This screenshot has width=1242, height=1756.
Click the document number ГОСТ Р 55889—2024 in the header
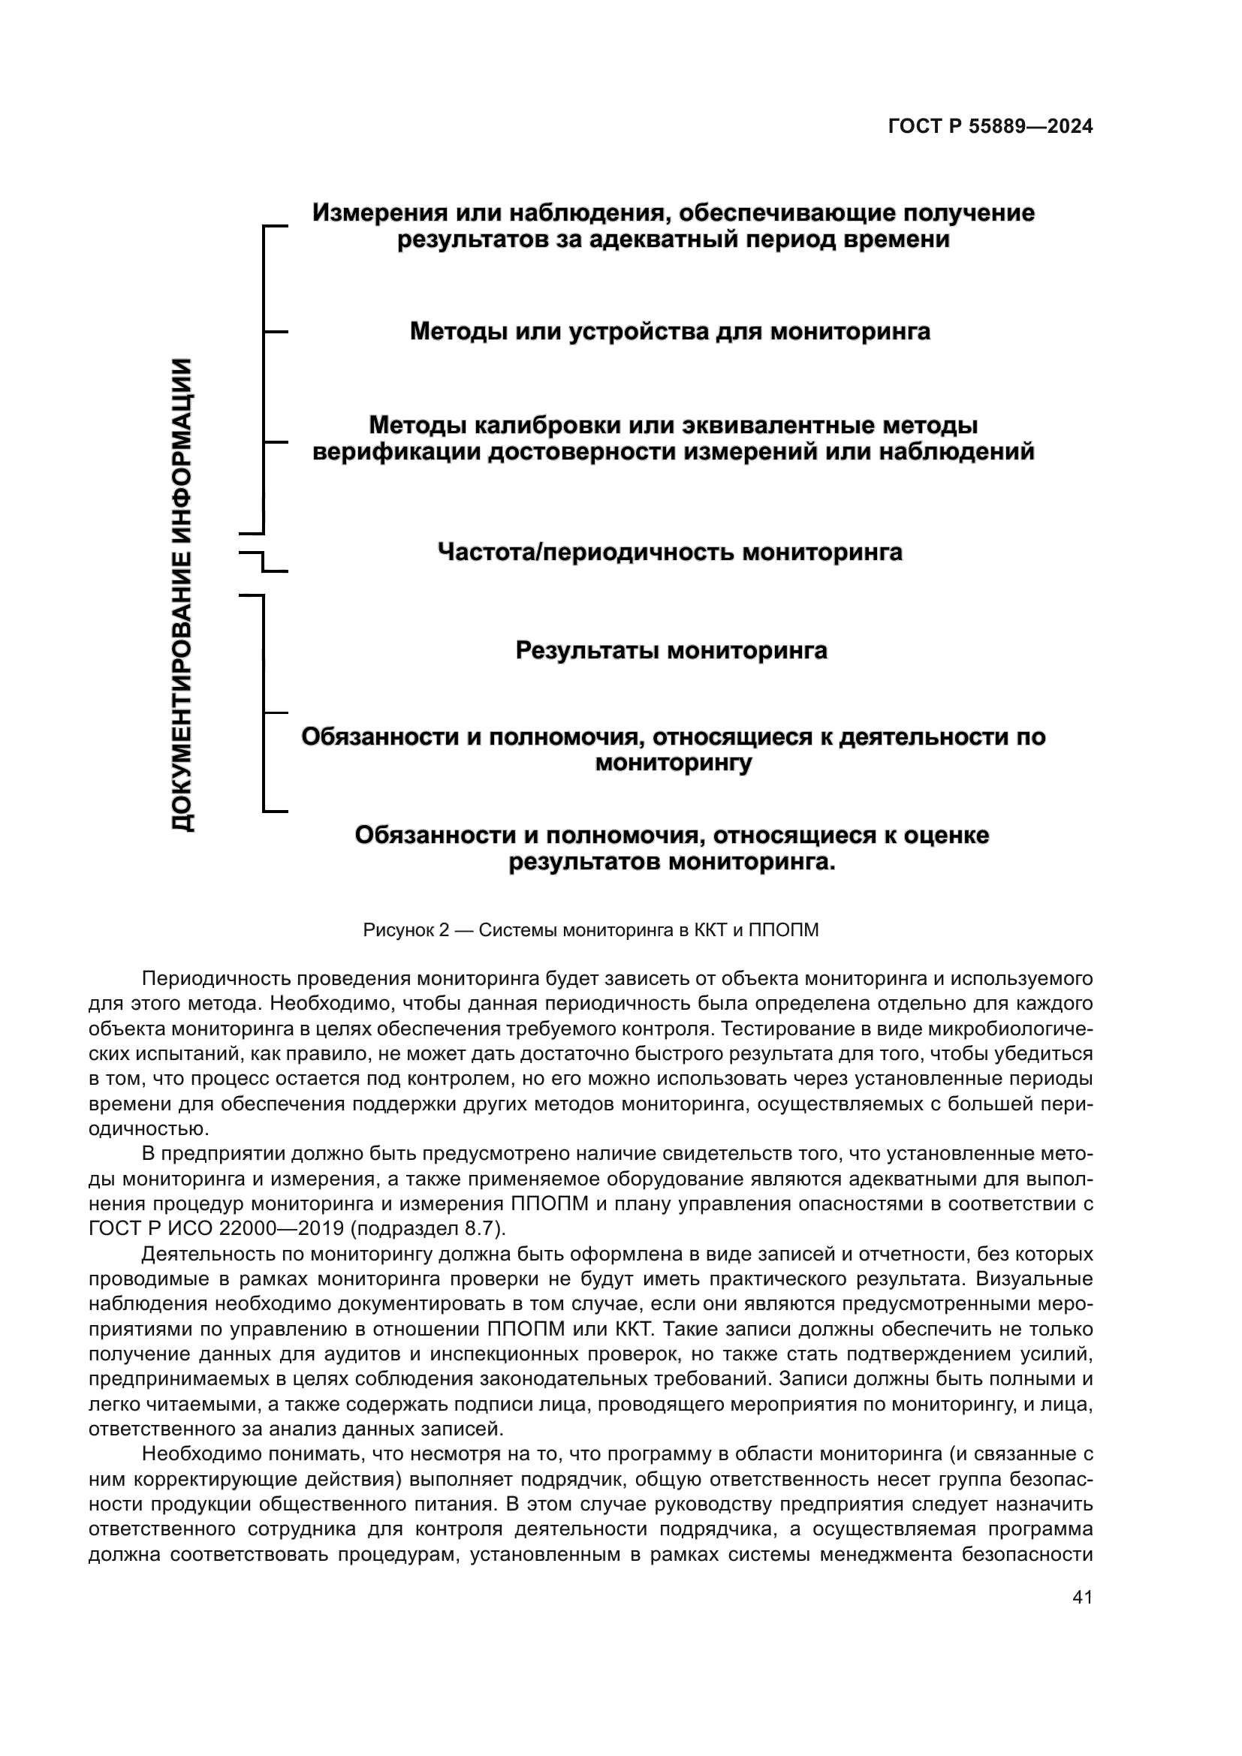990,127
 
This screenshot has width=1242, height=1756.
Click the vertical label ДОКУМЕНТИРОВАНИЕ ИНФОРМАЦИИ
182,595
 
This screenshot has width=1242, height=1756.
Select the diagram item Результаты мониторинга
671,651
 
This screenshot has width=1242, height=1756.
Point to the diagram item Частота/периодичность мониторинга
669,552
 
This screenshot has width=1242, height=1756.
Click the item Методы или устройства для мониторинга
670,331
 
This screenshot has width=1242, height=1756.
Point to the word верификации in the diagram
397,452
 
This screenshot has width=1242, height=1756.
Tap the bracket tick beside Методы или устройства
276,332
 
